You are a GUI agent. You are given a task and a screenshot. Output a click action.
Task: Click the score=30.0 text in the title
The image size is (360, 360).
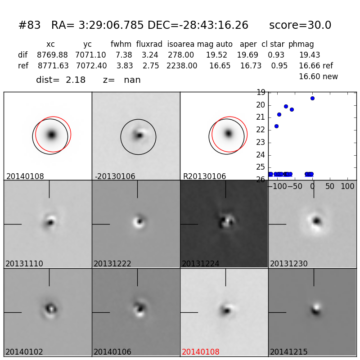click(300, 26)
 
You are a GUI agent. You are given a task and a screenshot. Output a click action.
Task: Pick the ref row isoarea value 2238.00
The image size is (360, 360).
click(182, 66)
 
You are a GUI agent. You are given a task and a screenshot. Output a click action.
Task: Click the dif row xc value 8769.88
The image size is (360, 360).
click(52, 55)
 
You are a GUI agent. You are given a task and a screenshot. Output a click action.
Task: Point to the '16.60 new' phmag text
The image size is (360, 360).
click(318, 76)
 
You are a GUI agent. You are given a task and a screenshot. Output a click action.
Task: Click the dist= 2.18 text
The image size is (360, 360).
click(61, 80)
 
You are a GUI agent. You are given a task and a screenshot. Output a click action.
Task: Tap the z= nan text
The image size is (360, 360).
click(122, 80)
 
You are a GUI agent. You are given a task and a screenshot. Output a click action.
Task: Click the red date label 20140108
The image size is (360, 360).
click(200, 352)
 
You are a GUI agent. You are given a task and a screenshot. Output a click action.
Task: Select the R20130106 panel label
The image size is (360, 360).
click(204, 176)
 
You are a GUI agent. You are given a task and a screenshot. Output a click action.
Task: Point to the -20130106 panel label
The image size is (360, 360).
click(115, 176)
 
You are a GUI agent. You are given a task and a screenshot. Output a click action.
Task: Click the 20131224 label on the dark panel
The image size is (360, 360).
click(200, 264)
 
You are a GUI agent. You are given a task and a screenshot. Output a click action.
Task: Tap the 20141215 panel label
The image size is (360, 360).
click(288, 352)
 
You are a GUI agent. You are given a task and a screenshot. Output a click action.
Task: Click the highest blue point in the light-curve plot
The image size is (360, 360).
click(312, 98)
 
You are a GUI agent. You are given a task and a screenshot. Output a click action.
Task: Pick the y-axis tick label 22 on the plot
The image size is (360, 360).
click(261, 130)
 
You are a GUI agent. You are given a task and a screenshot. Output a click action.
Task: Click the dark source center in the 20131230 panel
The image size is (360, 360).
click(317, 220)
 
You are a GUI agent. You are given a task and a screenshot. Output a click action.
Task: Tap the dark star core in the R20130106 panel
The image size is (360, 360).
click(228, 133)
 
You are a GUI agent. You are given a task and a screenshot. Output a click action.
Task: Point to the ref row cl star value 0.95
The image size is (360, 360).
click(279, 66)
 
